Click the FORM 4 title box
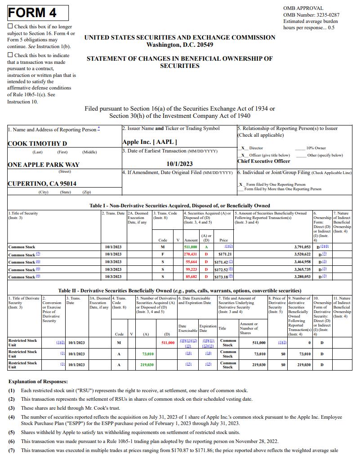click(38, 13)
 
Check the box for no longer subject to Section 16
click(10, 27)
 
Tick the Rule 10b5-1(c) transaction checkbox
click(10, 55)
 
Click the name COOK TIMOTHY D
click(37, 143)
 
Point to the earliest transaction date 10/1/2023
click(179, 164)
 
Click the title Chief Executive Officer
click(264, 161)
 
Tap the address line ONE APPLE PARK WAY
click(44, 165)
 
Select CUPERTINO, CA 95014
click(42, 184)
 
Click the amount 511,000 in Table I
click(191, 247)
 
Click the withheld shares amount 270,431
click(191, 255)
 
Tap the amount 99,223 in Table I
click(192, 269)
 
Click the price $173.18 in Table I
click(221, 277)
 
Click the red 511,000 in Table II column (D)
click(168, 343)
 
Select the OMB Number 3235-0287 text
click(311, 15)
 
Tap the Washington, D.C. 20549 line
click(180, 45)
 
